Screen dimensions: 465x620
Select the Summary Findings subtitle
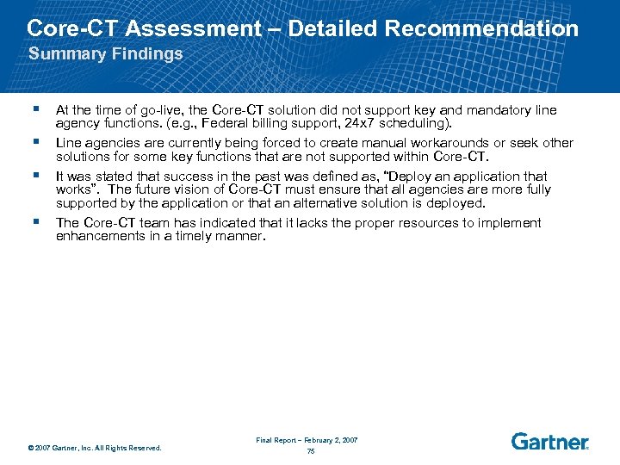pyautogui.click(x=106, y=54)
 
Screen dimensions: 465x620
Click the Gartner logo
pyautogui.click(x=550, y=442)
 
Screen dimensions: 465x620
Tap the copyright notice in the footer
pyautogui.click(x=94, y=447)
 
